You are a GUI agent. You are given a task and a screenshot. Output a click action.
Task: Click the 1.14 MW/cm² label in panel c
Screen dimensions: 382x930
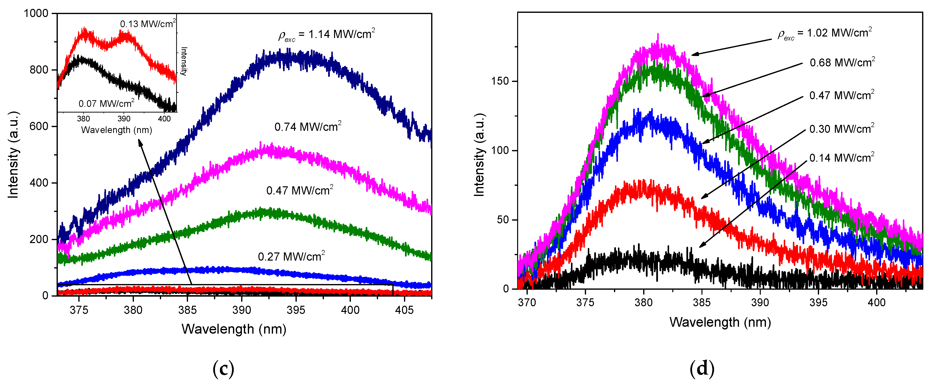[327, 35]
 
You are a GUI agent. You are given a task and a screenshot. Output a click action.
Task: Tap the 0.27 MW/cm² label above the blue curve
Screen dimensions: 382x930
[291, 256]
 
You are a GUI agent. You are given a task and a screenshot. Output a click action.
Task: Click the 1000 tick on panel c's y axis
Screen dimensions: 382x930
[36, 13]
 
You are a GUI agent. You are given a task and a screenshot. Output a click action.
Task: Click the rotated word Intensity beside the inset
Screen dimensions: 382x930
[184, 61]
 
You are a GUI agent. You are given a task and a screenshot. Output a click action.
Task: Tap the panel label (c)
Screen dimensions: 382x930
[223, 369]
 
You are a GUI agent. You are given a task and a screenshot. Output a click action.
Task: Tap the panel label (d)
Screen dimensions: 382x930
[702, 369]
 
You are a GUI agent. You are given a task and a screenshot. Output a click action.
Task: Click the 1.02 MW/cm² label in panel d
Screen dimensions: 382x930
[825, 33]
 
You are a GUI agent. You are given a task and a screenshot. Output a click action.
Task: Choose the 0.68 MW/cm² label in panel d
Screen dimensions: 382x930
[842, 62]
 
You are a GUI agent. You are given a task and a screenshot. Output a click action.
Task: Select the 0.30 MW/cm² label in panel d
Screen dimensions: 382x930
[842, 129]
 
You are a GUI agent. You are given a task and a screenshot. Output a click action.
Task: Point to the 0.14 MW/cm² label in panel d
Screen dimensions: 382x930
[842, 158]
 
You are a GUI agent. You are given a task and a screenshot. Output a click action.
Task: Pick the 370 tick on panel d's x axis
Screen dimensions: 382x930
[527, 302]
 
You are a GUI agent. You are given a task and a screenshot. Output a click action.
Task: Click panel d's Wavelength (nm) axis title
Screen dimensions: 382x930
[720, 322]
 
